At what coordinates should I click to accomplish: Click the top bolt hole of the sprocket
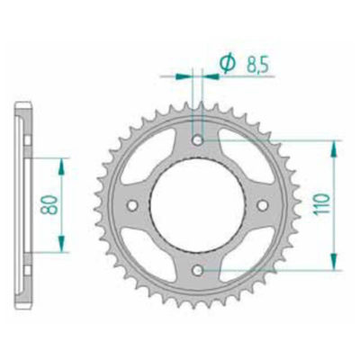click(199, 140)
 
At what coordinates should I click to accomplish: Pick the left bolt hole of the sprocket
click(134, 205)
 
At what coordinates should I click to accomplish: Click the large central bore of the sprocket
click(199, 205)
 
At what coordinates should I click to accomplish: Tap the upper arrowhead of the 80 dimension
click(60, 163)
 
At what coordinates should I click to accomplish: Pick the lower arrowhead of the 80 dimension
click(60, 249)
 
